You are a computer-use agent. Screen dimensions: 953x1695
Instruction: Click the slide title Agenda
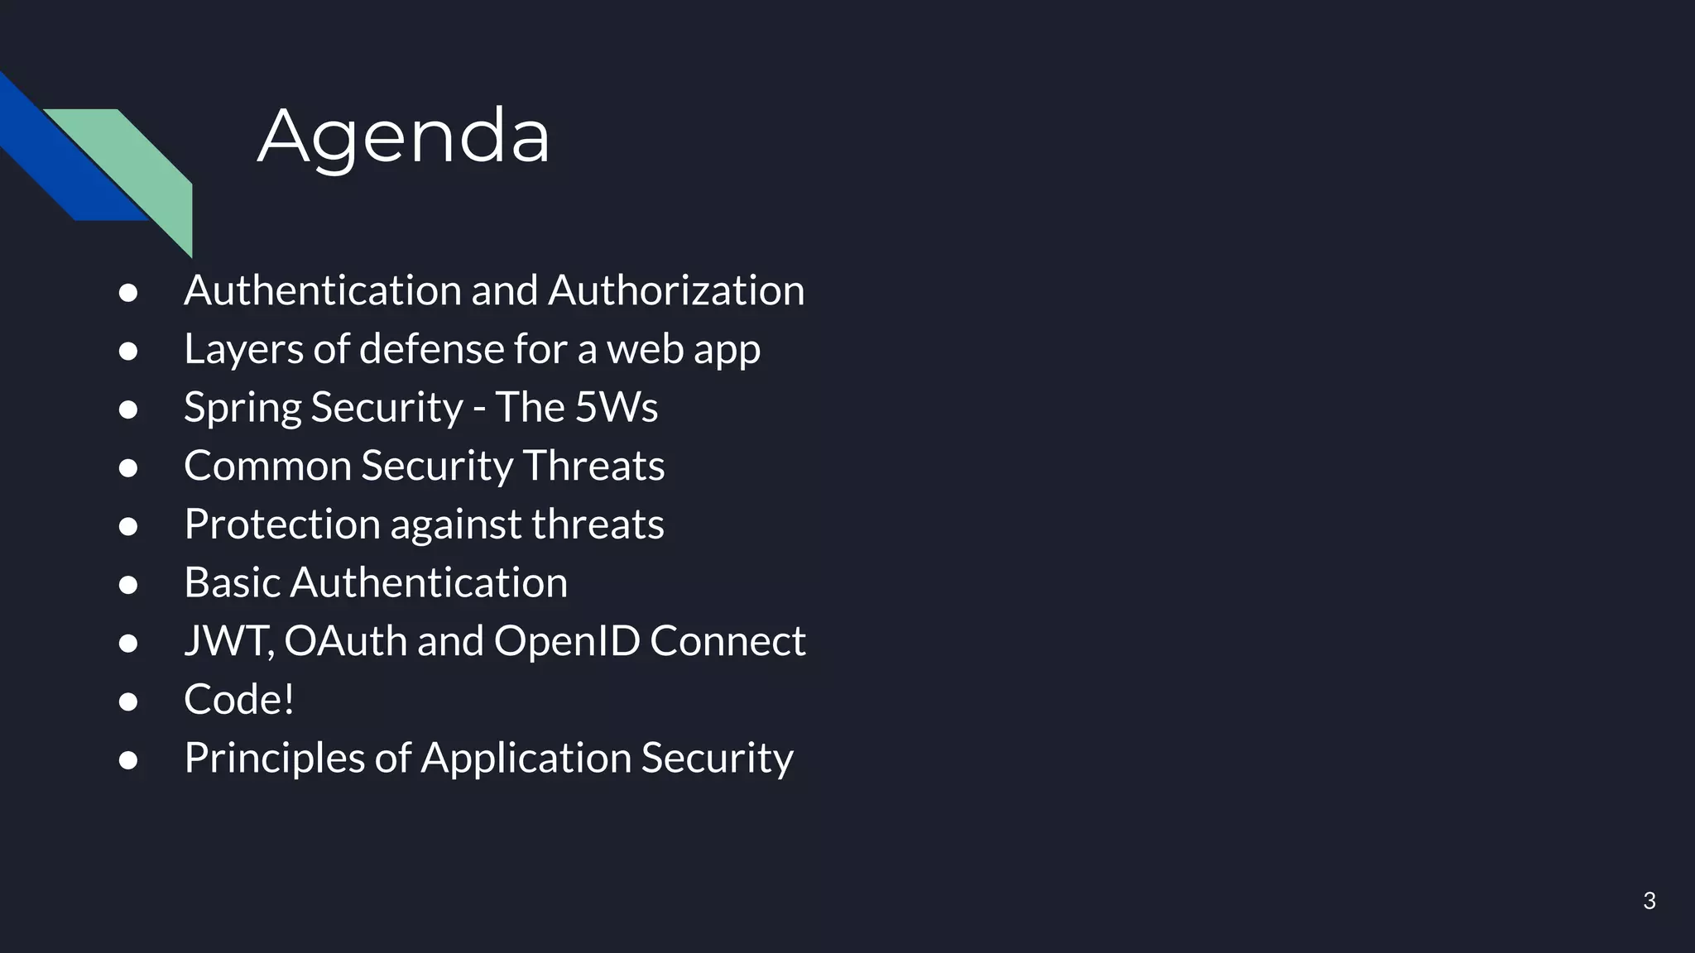[x=404, y=136]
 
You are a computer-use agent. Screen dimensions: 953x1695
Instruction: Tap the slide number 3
[x=1649, y=901]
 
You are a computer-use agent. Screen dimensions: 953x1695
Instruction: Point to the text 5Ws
[x=617, y=407]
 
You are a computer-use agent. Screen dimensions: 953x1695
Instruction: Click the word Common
[x=267, y=466]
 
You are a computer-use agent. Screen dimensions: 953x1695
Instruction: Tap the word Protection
[x=281, y=524]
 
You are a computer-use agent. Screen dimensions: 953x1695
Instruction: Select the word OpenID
[x=567, y=641]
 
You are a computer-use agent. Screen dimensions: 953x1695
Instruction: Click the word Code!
[x=239, y=700]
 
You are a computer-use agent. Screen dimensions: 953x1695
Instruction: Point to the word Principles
[x=274, y=758]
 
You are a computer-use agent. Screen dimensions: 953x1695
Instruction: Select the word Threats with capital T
[x=593, y=466]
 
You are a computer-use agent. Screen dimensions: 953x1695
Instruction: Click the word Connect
[x=727, y=641]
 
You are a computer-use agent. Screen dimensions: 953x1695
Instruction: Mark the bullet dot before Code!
[x=128, y=702]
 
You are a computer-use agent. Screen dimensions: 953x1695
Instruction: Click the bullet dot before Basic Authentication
[x=128, y=584]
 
